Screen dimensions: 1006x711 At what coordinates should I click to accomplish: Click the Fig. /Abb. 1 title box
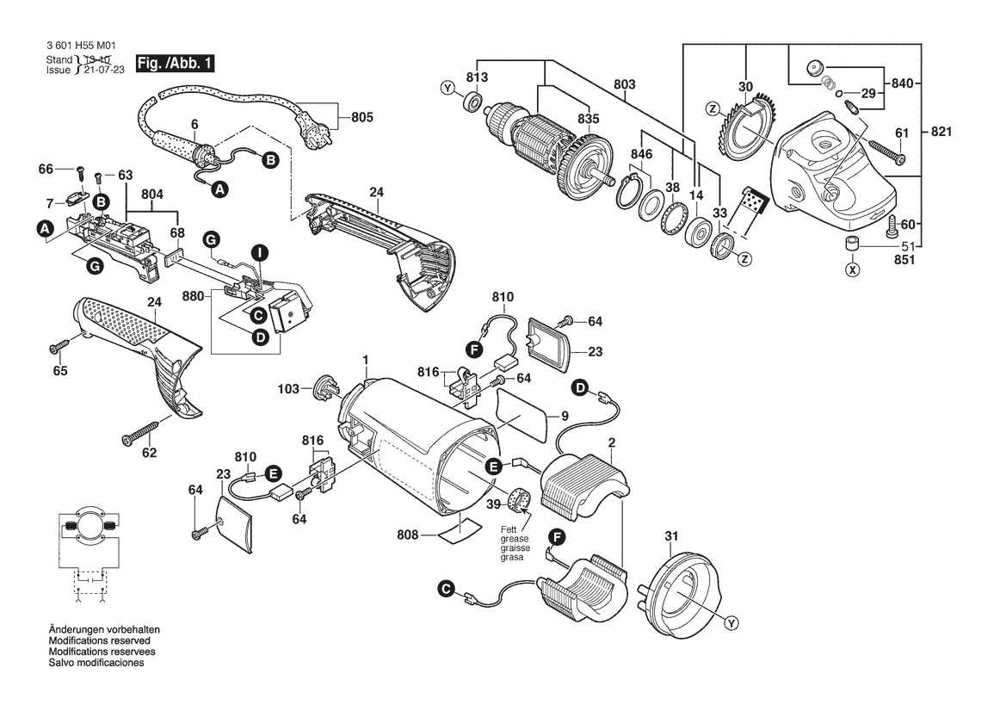coord(175,64)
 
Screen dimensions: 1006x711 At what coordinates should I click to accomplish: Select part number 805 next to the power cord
coord(361,117)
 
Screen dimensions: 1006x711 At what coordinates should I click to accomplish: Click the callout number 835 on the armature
coord(588,119)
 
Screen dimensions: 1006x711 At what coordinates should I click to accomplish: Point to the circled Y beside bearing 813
coord(447,89)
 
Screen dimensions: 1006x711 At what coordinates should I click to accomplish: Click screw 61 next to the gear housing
coord(886,150)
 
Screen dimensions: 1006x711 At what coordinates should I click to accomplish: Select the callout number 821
coord(941,132)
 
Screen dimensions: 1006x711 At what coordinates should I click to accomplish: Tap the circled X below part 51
coord(852,269)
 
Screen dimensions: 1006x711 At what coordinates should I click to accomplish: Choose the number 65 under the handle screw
coord(60,371)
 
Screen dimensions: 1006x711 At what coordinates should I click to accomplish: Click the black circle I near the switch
coord(259,253)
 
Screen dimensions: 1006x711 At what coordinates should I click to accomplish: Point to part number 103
coord(288,389)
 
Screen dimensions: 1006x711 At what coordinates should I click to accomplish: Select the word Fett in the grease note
coord(509,530)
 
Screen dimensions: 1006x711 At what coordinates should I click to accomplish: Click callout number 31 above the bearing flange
coord(671,535)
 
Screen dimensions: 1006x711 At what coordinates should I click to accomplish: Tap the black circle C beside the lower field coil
coord(446,589)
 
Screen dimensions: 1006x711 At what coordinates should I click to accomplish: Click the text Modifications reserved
coord(100,640)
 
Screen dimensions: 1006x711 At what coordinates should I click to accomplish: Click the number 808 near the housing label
coord(407,535)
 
